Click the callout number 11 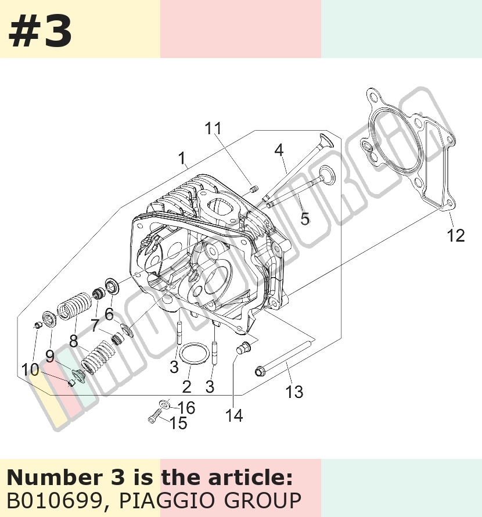click(x=213, y=128)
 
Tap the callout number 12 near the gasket click(x=456, y=235)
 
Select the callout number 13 click(x=294, y=392)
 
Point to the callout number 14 click(x=234, y=416)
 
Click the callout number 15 click(x=178, y=423)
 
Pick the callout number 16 click(x=186, y=408)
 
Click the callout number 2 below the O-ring click(x=186, y=386)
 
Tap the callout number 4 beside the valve click(x=279, y=150)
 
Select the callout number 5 click(x=305, y=218)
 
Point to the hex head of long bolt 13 click(x=260, y=372)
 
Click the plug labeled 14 click(x=244, y=348)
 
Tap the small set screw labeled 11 click(x=254, y=189)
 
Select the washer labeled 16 click(x=164, y=404)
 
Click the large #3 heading click(x=40, y=31)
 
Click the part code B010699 click(x=53, y=501)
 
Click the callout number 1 click(x=182, y=159)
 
